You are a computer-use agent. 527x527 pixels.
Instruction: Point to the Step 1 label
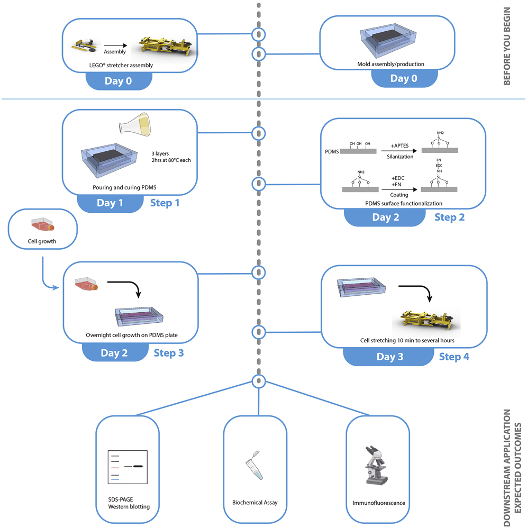tap(165, 203)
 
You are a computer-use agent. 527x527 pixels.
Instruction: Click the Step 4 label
tap(453, 357)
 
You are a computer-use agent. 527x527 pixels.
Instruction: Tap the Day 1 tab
tap(110, 203)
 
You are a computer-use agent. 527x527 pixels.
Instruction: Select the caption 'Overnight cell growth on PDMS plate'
tap(129, 335)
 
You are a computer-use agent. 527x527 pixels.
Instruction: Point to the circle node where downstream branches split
tap(258, 382)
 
